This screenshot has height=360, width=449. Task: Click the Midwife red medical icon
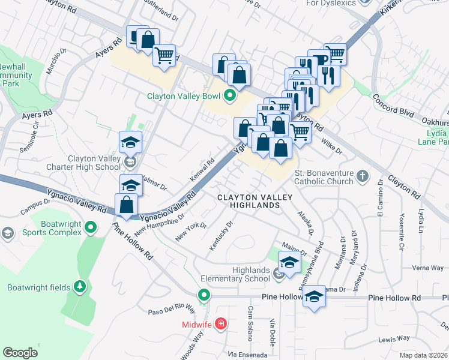[x=221, y=325]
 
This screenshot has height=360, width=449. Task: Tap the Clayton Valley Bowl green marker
[x=229, y=95]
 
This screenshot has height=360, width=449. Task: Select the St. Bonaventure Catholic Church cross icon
[x=361, y=176]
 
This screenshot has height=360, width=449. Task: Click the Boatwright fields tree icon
[x=79, y=287]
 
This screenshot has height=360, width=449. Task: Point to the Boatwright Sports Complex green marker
[x=91, y=227]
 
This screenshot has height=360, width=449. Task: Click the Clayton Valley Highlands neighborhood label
[x=255, y=201]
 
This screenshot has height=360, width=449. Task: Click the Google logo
[x=20, y=352]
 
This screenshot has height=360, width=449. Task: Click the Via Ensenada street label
[x=247, y=354]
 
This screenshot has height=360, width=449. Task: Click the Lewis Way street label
[x=394, y=339]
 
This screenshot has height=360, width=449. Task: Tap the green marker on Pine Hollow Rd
[x=204, y=296]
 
